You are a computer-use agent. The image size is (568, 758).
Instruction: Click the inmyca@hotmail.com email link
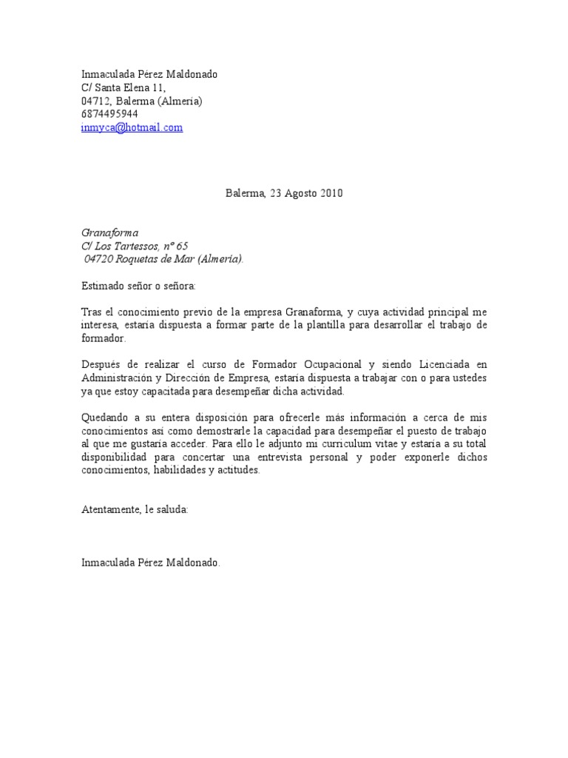[x=132, y=127]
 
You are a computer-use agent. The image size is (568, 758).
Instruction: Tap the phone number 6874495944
[x=109, y=114]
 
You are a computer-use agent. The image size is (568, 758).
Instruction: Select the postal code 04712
[x=95, y=101]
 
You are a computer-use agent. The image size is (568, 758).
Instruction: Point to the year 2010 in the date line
[x=331, y=193]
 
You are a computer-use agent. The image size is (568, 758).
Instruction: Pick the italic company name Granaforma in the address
[x=109, y=233]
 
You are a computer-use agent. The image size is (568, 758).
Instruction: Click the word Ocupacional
[x=329, y=365]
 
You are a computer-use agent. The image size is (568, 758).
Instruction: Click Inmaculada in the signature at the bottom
[x=108, y=563]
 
